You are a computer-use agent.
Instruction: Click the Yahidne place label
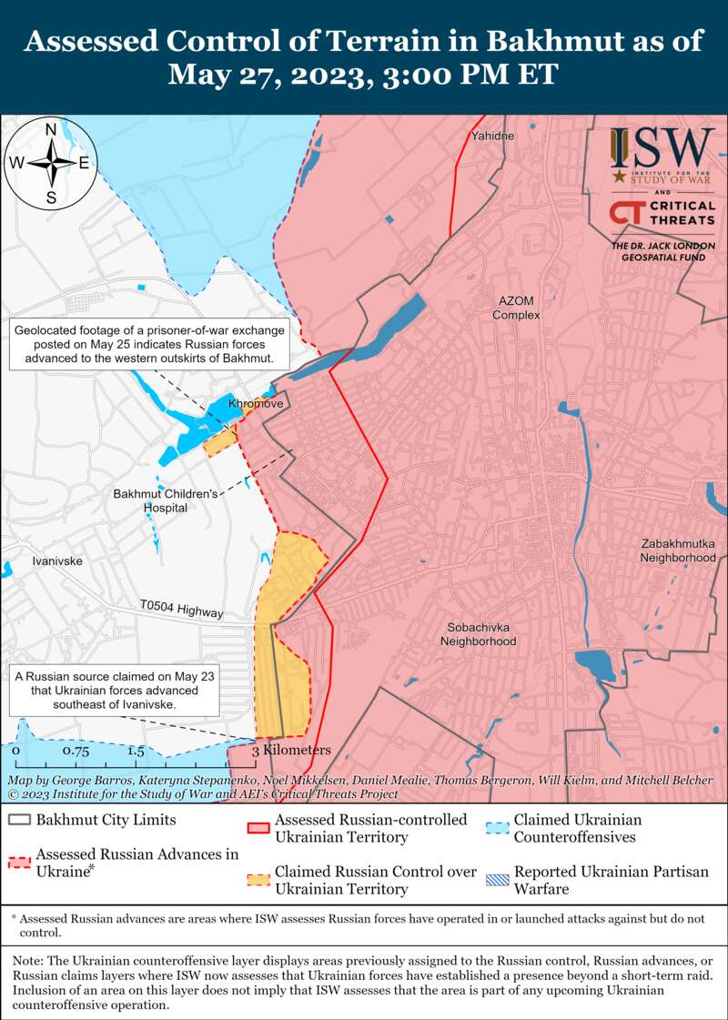click(492, 136)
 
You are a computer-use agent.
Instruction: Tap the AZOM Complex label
click(516, 308)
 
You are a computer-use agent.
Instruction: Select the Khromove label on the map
click(256, 403)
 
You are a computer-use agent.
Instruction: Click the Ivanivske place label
click(56, 561)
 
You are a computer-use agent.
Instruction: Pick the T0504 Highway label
click(181, 609)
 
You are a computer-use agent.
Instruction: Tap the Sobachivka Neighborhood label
click(478, 634)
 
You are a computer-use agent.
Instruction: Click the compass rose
click(52, 164)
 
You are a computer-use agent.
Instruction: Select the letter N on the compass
click(52, 128)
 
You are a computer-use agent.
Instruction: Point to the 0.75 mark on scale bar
click(75, 752)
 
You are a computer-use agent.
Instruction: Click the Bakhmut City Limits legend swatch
click(19, 819)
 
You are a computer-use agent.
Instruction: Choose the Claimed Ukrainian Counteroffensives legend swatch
click(496, 828)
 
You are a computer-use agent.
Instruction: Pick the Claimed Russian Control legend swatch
click(258, 880)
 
